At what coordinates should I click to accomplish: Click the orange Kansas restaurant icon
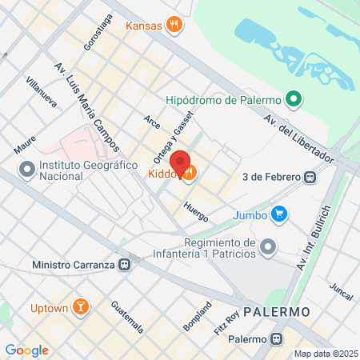click(x=174, y=26)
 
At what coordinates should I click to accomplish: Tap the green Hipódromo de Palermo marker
click(x=294, y=100)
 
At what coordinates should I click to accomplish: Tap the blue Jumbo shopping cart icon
click(x=278, y=214)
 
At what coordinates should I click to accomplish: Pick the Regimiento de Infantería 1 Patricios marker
click(x=267, y=247)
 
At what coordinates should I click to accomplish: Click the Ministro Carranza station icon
click(x=124, y=264)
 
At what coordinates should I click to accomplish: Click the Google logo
click(x=26, y=350)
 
